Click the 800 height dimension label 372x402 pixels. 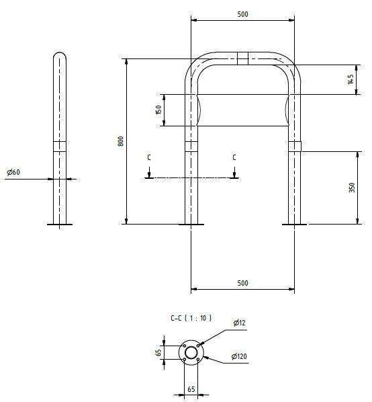click(121, 141)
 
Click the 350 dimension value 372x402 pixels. click(352, 188)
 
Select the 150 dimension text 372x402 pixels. click(158, 110)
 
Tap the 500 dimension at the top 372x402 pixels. click(242, 14)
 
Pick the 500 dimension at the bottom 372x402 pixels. click(242, 283)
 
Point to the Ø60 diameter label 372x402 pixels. click(13, 172)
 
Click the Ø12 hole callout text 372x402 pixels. click(239, 323)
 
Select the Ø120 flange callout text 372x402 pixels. click(239, 356)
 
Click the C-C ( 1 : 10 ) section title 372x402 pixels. click(191, 318)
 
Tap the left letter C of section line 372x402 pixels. click(149, 157)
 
